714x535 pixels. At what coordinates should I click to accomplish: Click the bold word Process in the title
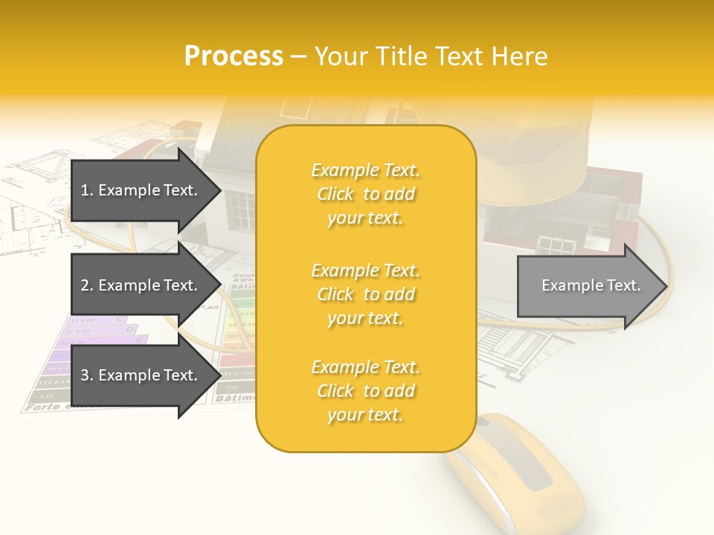coord(234,56)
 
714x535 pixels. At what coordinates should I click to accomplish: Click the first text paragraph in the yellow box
coord(365,194)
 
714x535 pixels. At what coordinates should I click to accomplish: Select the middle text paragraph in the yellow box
coord(365,294)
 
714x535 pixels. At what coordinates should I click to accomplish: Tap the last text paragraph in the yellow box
coord(365,391)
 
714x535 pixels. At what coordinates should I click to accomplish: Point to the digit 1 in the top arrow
coord(84,190)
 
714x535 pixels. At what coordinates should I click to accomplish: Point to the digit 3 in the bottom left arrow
coord(85,375)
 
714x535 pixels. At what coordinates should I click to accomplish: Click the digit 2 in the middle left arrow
coord(85,285)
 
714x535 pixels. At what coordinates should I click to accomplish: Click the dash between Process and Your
coord(299,57)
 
